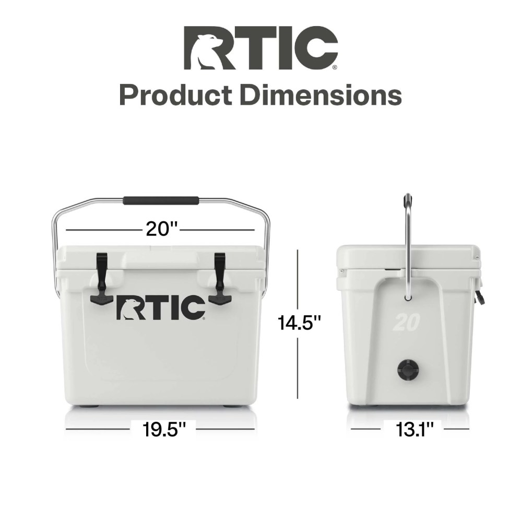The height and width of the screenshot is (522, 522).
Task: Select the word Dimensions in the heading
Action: (x=321, y=95)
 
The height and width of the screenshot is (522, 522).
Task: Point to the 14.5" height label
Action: (x=300, y=323)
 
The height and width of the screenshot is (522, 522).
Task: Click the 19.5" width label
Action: (x=163, y=429)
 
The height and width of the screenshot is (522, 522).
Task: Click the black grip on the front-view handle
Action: (x=161, y=200)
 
